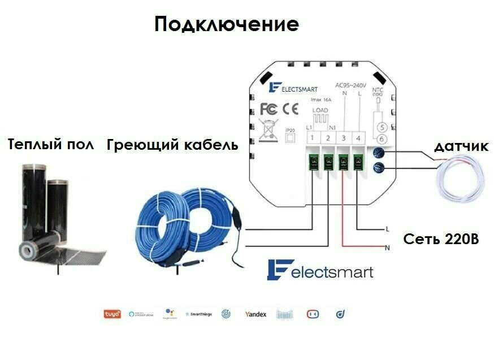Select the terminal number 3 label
(343, 138)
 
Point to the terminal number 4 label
(358, 138)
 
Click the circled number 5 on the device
(382, 127)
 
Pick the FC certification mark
(269, 108)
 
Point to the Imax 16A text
(321, 99)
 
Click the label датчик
(460, 147)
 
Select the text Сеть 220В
(441, 239)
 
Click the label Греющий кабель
(172, 145)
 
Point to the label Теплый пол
(51, 145)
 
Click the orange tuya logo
(111, 314)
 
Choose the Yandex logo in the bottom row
(255, 314)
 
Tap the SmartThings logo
(199, 314)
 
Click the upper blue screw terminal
(380, 151)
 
